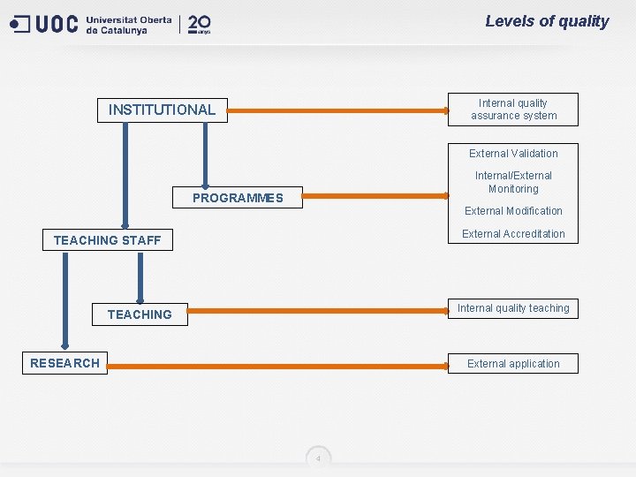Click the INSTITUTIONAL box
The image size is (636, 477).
click(x=162, y=110)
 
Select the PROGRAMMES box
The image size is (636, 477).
click(x=238, y=198)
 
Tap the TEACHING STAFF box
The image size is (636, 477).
click(x=108, y=240)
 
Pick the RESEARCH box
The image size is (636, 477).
click(x=64, y=363)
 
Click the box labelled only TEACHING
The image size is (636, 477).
click(x=140, y=314)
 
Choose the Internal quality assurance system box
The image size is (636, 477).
click(x=513, y=110)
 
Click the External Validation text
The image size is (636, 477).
click(x=513, y=154)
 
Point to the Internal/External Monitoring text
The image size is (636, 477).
click(x=513, y=182)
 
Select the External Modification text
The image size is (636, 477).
click(x=513, y=211)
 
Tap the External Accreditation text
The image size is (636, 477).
click(x=513, y=234)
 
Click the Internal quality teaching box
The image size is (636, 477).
click(x=513, y=308)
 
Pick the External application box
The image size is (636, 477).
click(x=513, y=364)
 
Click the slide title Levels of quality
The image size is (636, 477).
click(x=547, y=21)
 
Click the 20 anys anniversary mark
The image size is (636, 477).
click(x=200, y=24)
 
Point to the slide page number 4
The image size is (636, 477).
click(x=319, y=458)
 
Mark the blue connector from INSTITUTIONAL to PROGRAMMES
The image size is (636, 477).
click(x=205, y=155)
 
